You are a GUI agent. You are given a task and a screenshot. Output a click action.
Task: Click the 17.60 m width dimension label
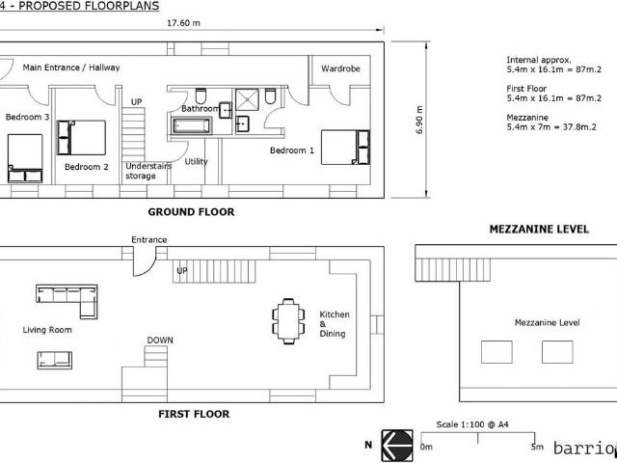[183, 23]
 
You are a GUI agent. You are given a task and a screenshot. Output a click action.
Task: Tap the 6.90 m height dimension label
[419, 120]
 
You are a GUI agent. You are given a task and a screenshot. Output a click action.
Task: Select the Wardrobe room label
[340, 68]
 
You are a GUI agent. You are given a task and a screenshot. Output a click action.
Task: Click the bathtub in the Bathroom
[191, 126]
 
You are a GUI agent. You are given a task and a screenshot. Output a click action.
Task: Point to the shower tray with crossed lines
[247, 99]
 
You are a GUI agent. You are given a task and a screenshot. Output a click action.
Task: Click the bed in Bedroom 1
[345, 147]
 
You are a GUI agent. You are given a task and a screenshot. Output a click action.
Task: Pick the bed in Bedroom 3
[25, 158]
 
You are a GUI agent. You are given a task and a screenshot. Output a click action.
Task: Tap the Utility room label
[196, 161]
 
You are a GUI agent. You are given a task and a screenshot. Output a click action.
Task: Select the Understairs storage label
[148, 171]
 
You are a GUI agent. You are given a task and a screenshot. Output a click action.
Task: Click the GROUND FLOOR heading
[191, 212]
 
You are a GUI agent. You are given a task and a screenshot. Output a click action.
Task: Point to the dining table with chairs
[288, 321]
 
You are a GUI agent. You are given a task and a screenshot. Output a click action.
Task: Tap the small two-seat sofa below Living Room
[55, 360]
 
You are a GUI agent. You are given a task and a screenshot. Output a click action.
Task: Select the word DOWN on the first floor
[160, 340]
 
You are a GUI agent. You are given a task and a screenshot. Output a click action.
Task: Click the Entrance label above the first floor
[149, 240]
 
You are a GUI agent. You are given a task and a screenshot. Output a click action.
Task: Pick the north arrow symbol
[397, 446]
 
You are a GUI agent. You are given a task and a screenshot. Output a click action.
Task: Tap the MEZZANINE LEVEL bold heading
[539, 230]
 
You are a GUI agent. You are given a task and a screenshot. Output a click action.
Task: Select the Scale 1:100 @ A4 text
[472, 424]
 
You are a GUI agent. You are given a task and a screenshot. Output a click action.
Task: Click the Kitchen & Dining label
[335, 324]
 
